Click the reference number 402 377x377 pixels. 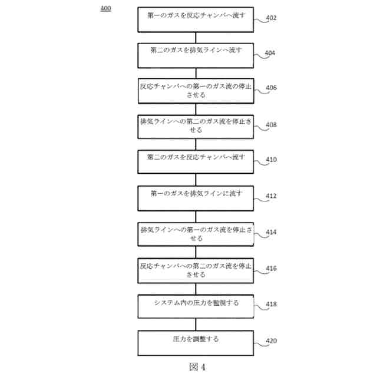tap(271, 18)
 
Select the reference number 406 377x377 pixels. tap(271, 88)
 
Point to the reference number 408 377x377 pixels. tap(271, 125)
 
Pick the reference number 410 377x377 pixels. tap(271, 160)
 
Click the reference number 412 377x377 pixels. tap(271, 196)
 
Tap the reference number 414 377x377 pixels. tap(271, 233)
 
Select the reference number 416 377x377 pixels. tap(271, 269)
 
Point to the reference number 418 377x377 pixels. tap(271, 305)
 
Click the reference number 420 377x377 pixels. tap(271, 340)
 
